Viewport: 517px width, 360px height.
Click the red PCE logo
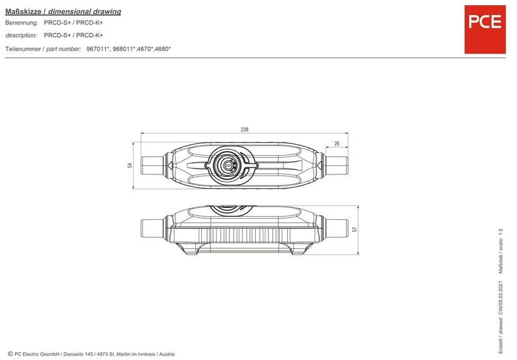tap(485, 29)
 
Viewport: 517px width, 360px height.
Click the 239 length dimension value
tap(244, 130)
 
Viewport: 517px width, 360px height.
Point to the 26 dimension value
tap(337, 143)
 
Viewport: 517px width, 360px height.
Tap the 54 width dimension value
tap(130, 165)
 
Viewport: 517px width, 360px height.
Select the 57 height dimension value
tap(355, 229)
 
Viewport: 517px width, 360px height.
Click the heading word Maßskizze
tap(23, 12)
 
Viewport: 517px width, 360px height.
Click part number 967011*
tap(98, 49)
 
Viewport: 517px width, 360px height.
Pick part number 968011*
tap(124, 49)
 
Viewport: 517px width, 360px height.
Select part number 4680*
tap(163, 49)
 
